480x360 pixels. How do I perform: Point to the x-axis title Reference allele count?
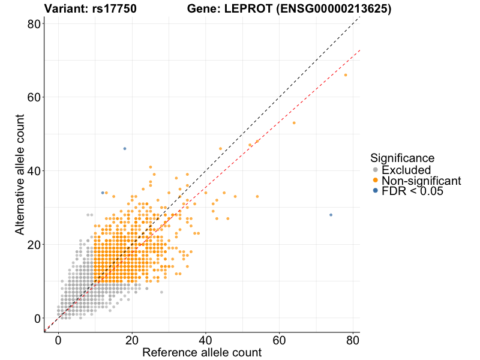coord(202,352)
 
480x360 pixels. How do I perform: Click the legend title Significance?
coord(402,158)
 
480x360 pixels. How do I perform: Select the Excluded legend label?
coord(406,170)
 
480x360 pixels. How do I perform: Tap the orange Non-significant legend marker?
coord(376,181)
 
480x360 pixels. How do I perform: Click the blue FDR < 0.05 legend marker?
coord(376,191)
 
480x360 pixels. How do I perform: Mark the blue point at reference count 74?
coord(331,215)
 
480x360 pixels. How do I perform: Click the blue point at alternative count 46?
coord(125,149)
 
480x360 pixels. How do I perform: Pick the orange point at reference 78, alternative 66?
coord(346,75)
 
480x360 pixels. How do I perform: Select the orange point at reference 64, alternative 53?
coord(294,123)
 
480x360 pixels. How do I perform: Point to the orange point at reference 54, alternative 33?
coord(257,196)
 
